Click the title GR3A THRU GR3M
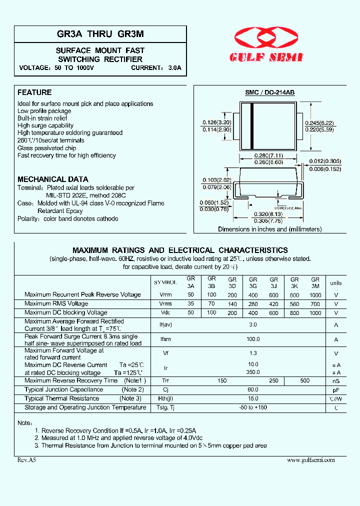100,34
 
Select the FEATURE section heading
34,92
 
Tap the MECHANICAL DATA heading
53,179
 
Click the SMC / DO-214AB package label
269,92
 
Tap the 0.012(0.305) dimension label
324,161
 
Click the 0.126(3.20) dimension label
216,122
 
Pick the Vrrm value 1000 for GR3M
315,295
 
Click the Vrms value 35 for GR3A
191,303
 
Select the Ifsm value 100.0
253,339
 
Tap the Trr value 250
273,381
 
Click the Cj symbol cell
165,390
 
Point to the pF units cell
336,390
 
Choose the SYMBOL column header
165,283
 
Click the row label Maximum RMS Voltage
56,303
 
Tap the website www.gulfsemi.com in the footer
311,460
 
